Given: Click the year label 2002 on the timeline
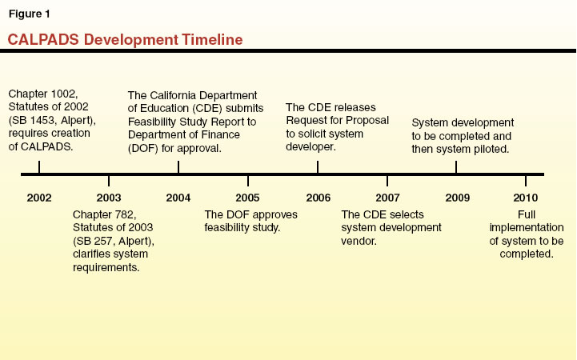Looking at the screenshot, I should tap(39, 197).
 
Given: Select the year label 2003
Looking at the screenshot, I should tap(109, 197).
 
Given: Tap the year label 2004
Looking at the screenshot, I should tap(178, 197).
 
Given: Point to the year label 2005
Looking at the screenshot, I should tap(248, 197).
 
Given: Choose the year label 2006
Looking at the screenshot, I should tap(318, 197).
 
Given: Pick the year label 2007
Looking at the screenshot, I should tap(387, 197).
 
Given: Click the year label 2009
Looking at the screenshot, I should tap(456, 197).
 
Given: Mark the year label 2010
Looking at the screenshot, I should tap(526, 197).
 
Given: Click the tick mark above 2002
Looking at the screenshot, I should tap(39, 166).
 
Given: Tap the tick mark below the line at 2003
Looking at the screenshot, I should tap(109, 181).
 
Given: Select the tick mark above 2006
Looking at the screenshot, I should tap(318, 166).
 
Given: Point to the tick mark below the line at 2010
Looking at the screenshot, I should tap(526, 181).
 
